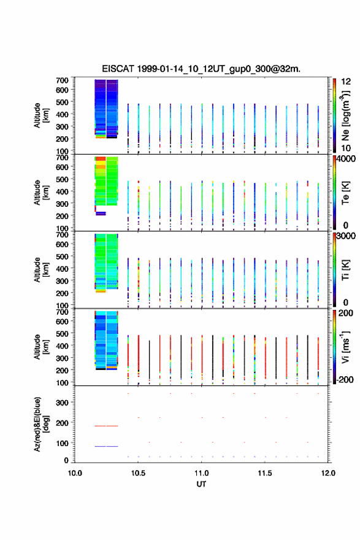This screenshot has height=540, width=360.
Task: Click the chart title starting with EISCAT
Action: [x=201, y=69]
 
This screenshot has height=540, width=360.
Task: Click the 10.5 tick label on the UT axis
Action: [x=138, y=473]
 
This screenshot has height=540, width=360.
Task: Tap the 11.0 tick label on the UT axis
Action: [x=201, y=473]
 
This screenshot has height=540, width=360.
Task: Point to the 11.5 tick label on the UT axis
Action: [x=265, y=473]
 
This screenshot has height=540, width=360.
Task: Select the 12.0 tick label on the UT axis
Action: [x=328, y=473]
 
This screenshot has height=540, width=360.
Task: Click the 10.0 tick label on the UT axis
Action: [x=75, y=473]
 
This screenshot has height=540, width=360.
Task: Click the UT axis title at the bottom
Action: [x=201, y=484]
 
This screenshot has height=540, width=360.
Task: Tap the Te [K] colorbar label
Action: [x=345, y=193]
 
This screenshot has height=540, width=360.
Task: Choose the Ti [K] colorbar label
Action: [x=345, y=270]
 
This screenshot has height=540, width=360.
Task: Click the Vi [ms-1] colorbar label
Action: [x=345, y=347]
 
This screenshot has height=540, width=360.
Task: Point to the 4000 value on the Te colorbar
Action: [x=346, y=159]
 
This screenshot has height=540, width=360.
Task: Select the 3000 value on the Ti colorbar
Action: [x=346, y=236]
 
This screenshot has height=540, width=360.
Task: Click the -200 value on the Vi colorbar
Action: [x=343, y=379]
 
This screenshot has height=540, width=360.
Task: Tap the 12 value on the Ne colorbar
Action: [x=346, y=82]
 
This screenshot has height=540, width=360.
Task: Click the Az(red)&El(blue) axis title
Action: [x=41, y=424]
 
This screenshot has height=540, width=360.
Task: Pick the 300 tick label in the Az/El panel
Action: [x=63, y=403]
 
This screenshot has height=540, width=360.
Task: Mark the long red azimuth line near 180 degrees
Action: [x=106, y=426]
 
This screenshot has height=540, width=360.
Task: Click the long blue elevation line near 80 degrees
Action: [x=106, y=446]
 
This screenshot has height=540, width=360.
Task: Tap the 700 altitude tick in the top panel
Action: [x=63, y=80]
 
